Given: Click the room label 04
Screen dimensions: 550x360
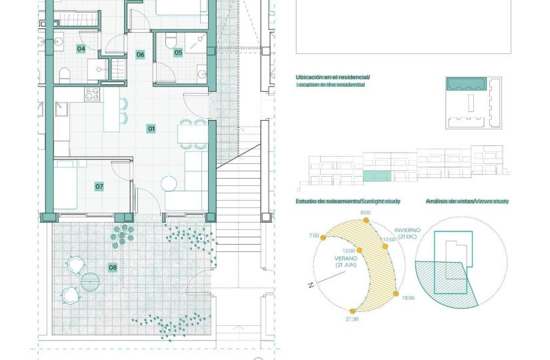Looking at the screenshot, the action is [81, 49].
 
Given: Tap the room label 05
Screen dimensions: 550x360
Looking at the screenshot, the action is [178, 53].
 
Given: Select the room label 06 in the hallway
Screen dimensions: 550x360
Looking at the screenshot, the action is [140, 55].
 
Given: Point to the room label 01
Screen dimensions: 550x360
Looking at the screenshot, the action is [151, 129].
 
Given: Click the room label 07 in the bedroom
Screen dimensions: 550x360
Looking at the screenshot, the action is [99, 186].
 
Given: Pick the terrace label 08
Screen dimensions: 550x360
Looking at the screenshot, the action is [113, 268].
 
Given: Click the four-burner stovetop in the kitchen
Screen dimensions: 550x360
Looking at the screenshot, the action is [92, 95].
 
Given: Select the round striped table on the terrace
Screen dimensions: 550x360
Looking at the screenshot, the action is [90, 282].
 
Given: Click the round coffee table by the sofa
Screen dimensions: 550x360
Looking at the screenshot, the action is [169, 184].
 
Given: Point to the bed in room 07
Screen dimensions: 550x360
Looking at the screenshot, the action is [65, 185].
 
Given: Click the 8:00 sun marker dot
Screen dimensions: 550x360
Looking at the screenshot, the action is [366, 221].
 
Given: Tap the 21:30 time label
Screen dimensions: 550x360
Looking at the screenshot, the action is [352, 319].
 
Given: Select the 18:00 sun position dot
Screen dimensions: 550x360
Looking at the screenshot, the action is [395, 294].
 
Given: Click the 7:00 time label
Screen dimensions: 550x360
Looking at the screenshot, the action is [314, 235].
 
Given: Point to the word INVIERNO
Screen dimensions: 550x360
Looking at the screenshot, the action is [407, 231].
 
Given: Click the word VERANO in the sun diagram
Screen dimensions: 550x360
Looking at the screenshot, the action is [346, 259].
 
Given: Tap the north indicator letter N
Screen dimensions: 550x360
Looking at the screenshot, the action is [311, 285].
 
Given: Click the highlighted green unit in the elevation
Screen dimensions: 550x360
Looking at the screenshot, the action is [377, 176].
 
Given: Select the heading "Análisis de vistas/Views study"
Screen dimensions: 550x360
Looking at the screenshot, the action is [467, 201].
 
